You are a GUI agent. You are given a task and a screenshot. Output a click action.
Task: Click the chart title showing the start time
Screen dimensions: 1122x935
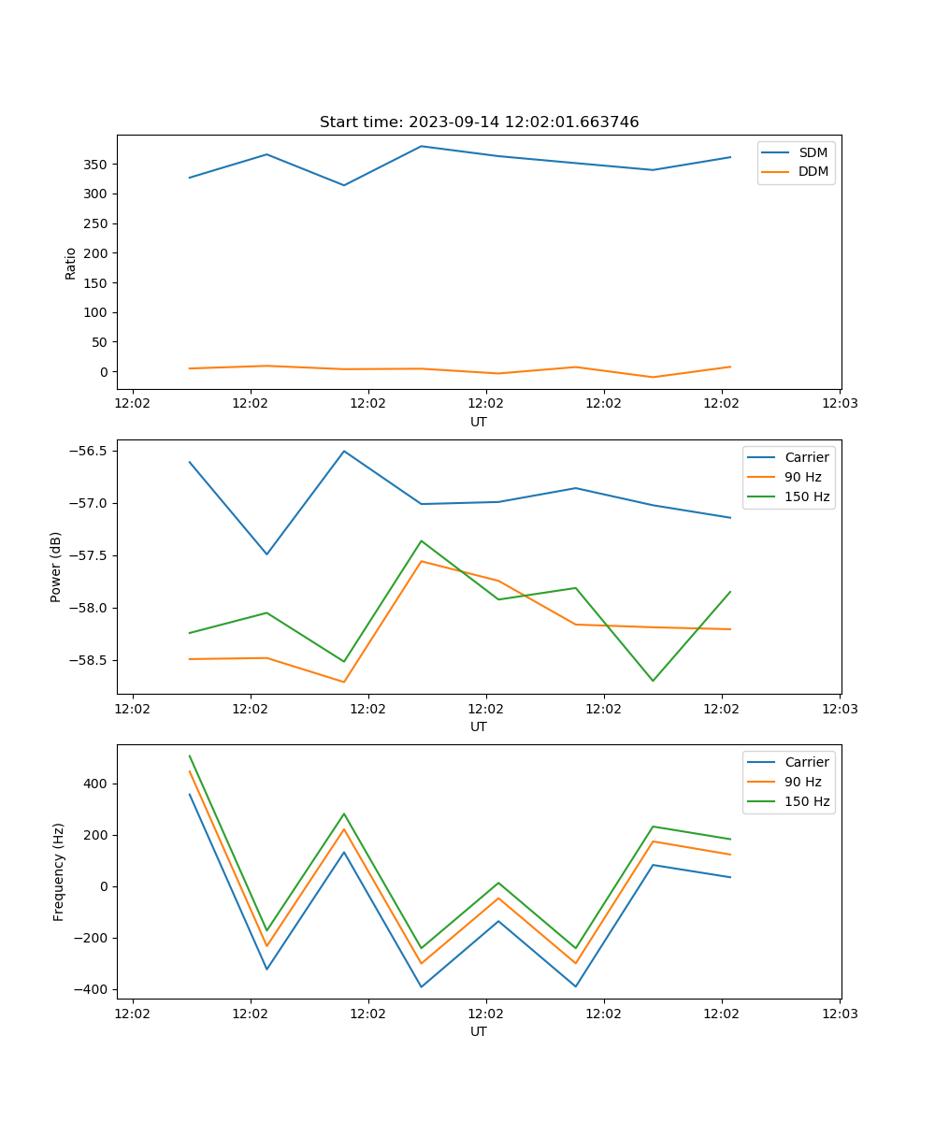click(479, 122)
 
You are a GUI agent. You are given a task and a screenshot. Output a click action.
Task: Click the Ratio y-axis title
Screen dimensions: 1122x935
click(71, 263)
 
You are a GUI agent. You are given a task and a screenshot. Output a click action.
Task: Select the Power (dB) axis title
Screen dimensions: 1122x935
click(56, 567)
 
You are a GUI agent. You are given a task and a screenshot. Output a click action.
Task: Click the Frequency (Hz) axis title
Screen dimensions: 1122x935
click(59, 871)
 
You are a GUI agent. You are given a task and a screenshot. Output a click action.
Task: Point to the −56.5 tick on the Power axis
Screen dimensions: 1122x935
click(89, 451)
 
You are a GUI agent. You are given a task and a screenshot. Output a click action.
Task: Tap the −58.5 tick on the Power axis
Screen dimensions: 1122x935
click(89, 660)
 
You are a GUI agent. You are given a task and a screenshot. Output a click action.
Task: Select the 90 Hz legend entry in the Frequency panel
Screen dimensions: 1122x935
click(802, 782)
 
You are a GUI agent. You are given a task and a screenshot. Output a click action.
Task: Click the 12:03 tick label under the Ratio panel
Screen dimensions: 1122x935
click(839, 404)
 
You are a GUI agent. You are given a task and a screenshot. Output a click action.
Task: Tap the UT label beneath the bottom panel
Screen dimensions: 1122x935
click(479, 1031)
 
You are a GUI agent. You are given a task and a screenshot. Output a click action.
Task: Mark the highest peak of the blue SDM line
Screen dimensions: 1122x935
click(421, 146)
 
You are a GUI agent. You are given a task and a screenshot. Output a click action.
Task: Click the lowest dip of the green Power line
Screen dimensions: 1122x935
click(653, 681)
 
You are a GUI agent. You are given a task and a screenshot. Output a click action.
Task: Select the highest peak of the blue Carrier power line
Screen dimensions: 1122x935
click(344, 451)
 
